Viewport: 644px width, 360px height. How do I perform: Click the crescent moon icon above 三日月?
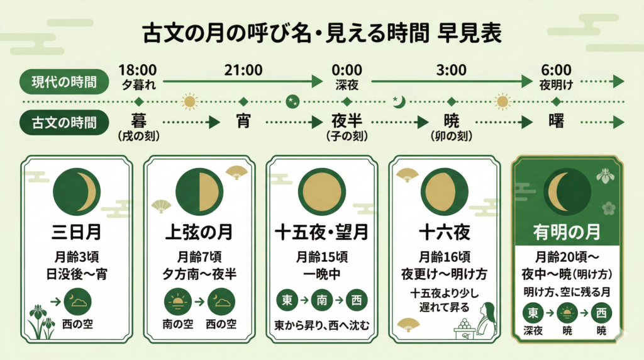76,191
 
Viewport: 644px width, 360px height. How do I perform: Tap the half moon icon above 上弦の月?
199,191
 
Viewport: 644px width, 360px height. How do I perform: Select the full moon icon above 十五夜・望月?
321,191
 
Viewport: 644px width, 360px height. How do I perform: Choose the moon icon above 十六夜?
445,191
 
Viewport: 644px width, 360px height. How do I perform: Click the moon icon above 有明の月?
567,191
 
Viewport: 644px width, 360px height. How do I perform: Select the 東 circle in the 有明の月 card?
533,312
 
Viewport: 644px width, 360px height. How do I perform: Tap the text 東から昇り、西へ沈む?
322,325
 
